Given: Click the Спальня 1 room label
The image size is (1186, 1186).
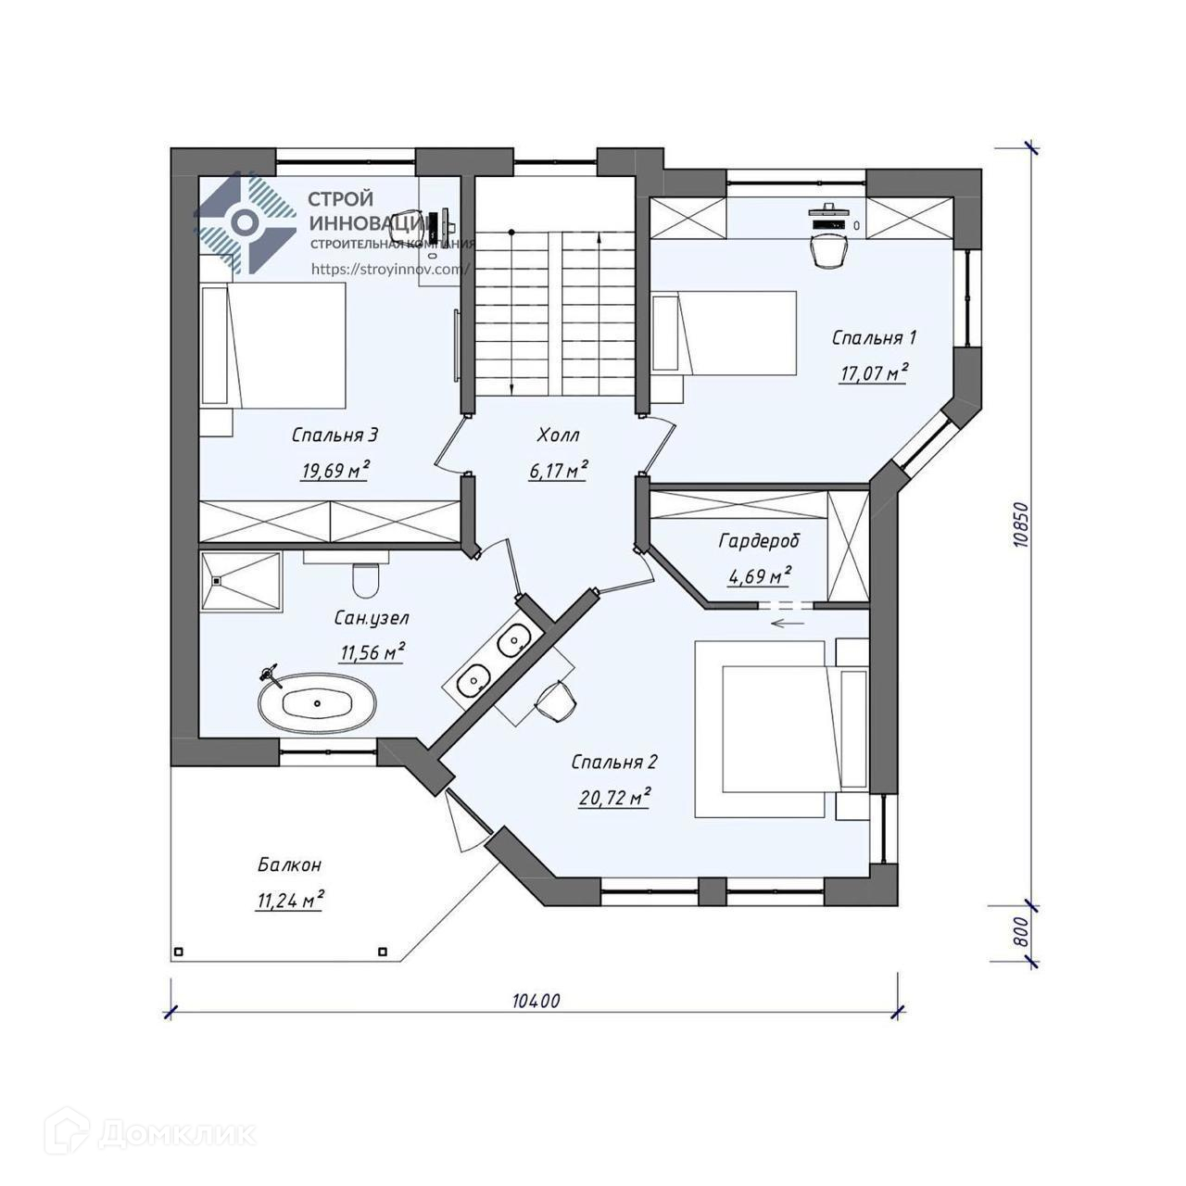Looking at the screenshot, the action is tap(874, 337).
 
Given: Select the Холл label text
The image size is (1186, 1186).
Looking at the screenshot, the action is tap(558, 435).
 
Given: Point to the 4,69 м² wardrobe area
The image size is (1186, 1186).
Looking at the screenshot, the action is tap(759, 575).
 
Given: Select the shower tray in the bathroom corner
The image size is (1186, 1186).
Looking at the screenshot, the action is tap(241, 581).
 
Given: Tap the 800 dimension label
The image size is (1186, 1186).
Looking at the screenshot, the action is tap(1020, 932).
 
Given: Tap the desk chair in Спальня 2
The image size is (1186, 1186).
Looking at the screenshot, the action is tap(555, 700).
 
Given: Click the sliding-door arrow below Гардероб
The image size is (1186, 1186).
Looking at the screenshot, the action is tap(789, 623).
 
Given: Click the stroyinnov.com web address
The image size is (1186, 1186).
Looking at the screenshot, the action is tap(391, 269).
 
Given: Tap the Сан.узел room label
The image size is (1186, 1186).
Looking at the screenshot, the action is tap(372, 617).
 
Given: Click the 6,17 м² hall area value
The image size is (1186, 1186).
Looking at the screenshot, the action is tap(558, 470).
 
